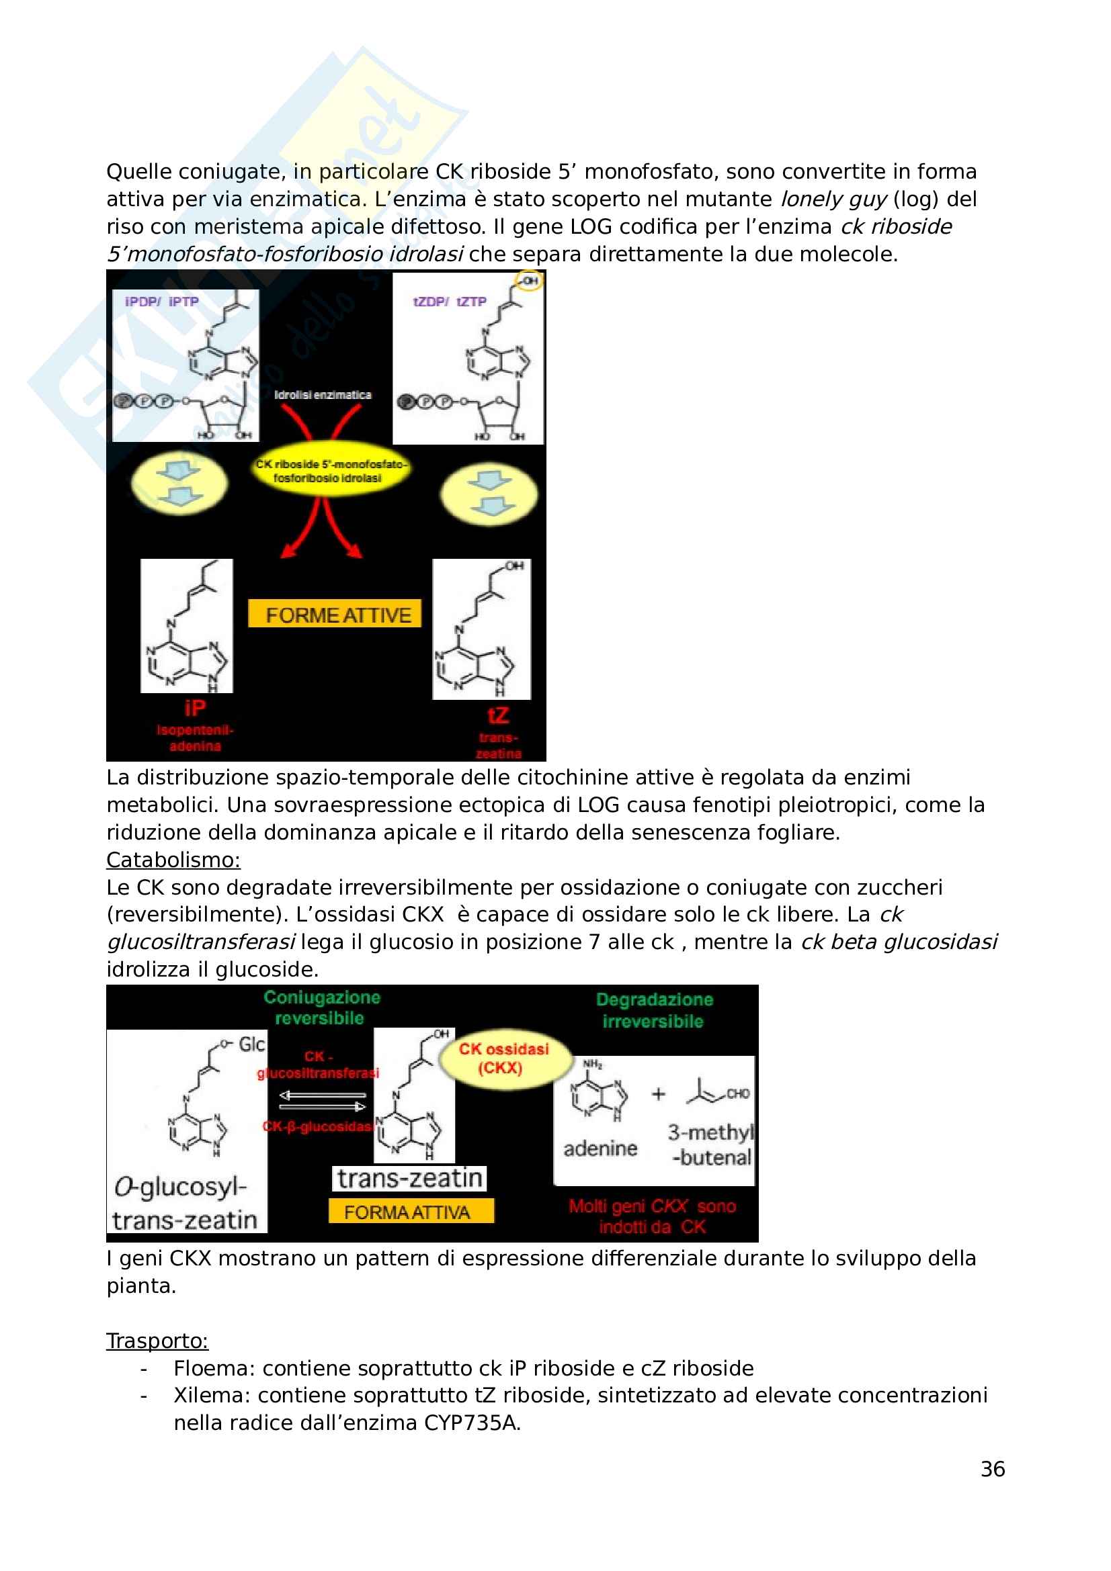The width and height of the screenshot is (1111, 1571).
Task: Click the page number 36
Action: coord(992,1469)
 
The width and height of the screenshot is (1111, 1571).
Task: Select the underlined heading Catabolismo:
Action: coord(173,860)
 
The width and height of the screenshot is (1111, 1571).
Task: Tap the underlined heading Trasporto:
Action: coord(157,1341)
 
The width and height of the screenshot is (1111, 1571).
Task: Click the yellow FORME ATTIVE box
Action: coord(334,615)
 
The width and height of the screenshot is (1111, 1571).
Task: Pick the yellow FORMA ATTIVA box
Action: coord(410,1212)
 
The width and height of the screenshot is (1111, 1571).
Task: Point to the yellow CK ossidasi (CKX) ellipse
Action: coord(504,1059)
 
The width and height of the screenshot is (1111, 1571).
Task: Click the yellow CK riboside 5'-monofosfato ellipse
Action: coord(330,471)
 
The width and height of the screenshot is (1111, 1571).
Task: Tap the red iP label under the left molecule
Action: coord(195,708)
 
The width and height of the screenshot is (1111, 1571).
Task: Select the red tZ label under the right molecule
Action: coord(497,716)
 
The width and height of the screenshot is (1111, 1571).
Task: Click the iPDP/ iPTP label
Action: coord(162,302)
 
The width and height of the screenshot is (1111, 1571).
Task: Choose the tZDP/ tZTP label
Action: coord(450,302)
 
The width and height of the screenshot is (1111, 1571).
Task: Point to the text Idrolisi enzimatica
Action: coord(323,395)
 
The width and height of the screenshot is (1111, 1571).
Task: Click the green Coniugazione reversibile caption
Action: coord(321,1008)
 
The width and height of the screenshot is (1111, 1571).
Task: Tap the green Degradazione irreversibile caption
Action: coord(654,1011)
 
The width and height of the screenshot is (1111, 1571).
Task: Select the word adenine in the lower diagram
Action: coord(600,1148)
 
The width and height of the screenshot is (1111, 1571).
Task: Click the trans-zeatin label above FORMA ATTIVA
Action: coord(409,1178)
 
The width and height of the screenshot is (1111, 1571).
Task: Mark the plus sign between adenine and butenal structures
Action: coord(658,1094)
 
